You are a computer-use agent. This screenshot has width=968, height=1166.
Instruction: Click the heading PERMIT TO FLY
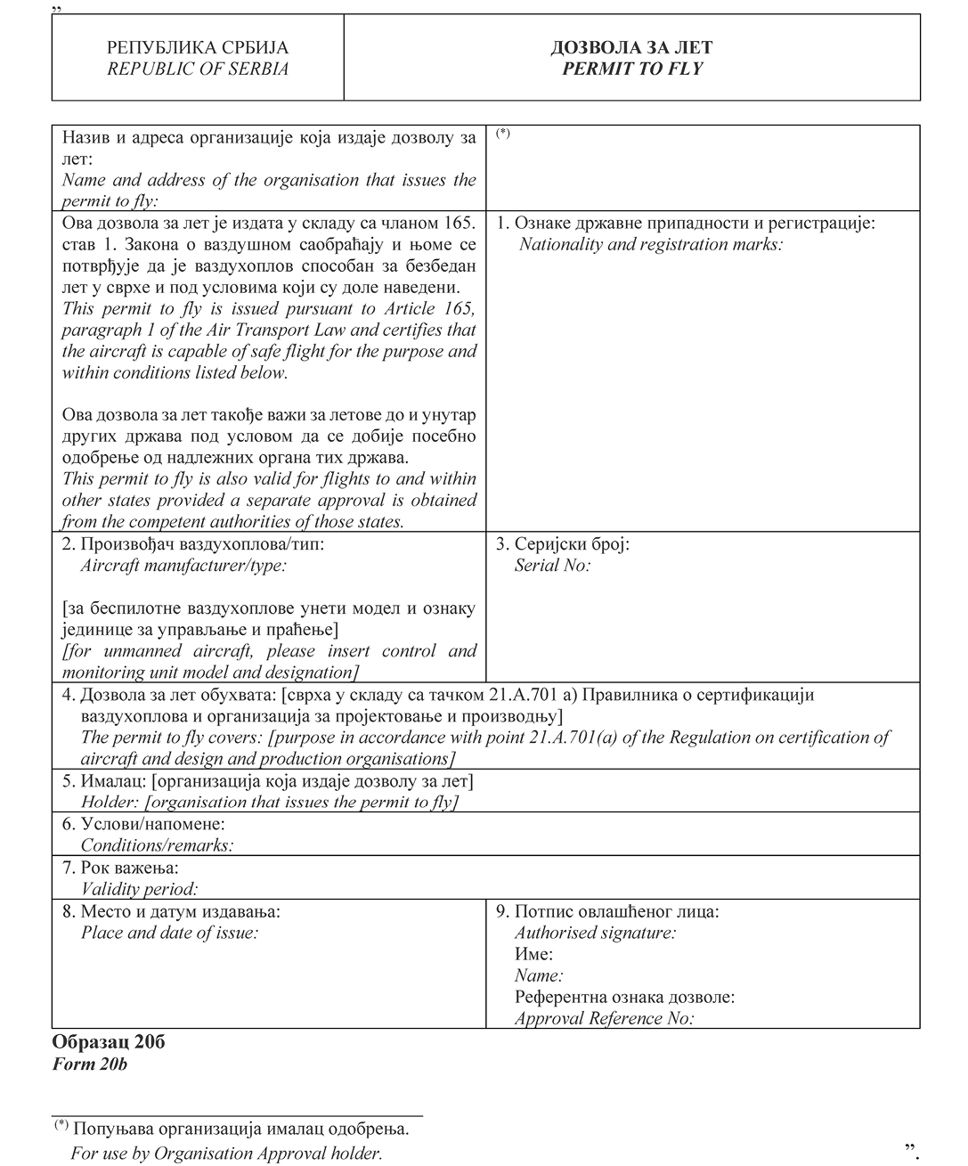pyautogui.click(x=632, y=69)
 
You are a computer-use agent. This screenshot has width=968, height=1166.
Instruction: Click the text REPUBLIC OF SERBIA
pyautogui.click(x=198, y=69)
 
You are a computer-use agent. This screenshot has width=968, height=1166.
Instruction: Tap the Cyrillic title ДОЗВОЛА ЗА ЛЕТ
pyautogui.click(x=632, y=48)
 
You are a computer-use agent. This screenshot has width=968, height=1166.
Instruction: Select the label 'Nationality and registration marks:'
pyautogui.click(x=651, y=244)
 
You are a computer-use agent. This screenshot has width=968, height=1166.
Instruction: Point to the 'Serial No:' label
pyautogui.click(x=552, y=565)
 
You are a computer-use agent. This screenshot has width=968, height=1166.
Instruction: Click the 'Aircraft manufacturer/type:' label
pyautogui.click(x=183, y=565)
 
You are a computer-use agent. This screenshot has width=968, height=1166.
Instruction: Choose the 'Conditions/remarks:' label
pyautogui.click(x=157, y=845)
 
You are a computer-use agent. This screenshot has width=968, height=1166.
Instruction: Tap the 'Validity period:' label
pyautogui.click(x=139, y=888)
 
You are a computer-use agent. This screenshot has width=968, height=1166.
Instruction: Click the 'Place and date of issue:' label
pyautogui.click(x=169, y=933)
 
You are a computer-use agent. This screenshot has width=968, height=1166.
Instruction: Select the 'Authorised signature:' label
pyautogui.click(x=595, y=933)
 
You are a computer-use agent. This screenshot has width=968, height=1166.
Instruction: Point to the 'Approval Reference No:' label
pyautogui.click(x=604, y=1018)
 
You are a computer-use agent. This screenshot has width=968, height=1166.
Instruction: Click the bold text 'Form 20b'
pyautogui.click(x=90, y=1064)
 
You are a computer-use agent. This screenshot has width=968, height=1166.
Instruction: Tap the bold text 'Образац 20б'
pyautogui.click(x=109, y=1042)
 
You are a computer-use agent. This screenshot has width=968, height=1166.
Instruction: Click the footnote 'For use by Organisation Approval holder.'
pyautogui.click(x=226, y=1154)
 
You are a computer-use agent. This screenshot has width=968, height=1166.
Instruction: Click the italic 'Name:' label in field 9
pyautogui.click(x=539, y=975)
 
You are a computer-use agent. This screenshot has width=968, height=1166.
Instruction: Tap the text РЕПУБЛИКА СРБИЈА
pyautogui.click(x=198, y=48)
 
